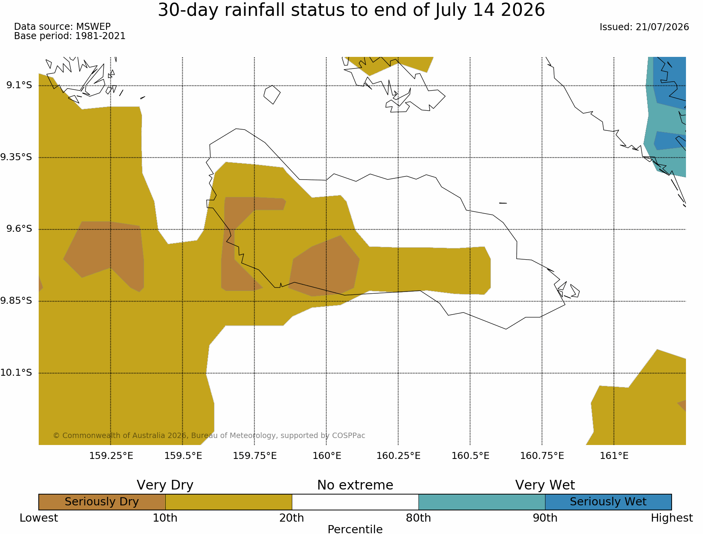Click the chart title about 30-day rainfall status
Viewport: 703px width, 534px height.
tap(351, 10)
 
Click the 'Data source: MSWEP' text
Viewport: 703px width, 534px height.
tap(62, 27)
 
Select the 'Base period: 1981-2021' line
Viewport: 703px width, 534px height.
tap(70, 36)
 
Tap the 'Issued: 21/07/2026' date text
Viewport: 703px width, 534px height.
tap(644, 27)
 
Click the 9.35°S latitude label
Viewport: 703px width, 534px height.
tap(16, 157)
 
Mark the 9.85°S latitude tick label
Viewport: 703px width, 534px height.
tap(16, 301)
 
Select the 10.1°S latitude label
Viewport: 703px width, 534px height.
tap(16, 373)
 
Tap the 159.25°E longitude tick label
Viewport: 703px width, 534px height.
tap(111, 456)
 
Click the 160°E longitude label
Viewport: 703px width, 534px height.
tap(327, 456)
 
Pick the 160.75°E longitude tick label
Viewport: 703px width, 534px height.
tap(542, 456)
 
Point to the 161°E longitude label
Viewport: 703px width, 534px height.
tap(614, 456)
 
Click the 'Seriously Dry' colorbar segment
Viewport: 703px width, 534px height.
tap(102, 502)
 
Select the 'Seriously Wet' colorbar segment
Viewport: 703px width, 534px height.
tap(608, 502)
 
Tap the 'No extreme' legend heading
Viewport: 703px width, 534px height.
tap(355, 485)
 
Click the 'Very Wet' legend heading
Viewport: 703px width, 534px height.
tap(545, 485)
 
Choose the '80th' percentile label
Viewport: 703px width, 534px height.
tap(418, 518)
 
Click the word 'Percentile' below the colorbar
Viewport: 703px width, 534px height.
tap(355, 529)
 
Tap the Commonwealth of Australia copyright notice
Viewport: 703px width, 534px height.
tap(209, 436)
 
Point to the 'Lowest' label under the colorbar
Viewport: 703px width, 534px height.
tap(39, 518)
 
